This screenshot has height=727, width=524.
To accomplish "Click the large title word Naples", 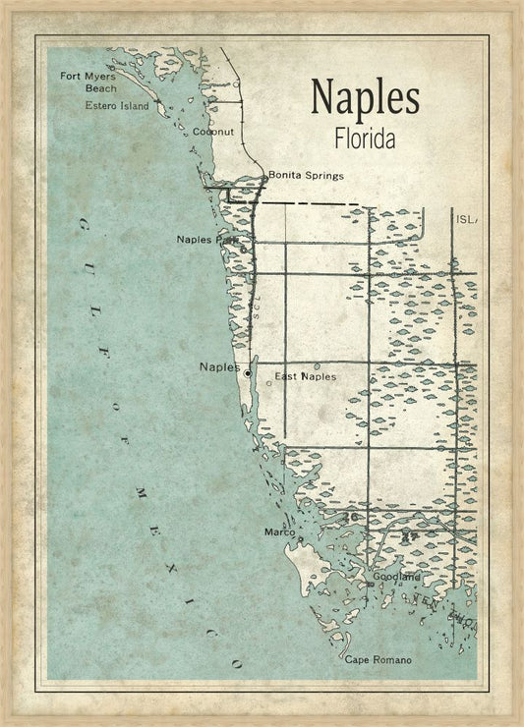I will (x=365, y=97).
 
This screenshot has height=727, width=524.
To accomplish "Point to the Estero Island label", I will (x=117, y=105).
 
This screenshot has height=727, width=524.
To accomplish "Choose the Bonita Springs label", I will (x=306, y=176).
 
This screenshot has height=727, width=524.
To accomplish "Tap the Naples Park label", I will (x=207, y=239).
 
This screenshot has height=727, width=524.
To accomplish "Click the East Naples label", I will (x=305, y=376).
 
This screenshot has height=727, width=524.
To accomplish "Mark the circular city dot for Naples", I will (x=248, y=373).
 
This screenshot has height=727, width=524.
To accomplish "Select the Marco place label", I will (x=280, y=532).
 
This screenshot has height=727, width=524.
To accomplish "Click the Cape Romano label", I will (x=378, y=659).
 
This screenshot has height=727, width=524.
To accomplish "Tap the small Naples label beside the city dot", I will (x=219, y=367).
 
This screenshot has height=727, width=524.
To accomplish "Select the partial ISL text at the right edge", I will (x=465, y=219).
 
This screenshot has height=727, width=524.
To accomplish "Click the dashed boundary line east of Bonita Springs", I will (x=315, y=203).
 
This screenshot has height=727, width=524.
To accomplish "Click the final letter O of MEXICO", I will (x=236, y=665).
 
